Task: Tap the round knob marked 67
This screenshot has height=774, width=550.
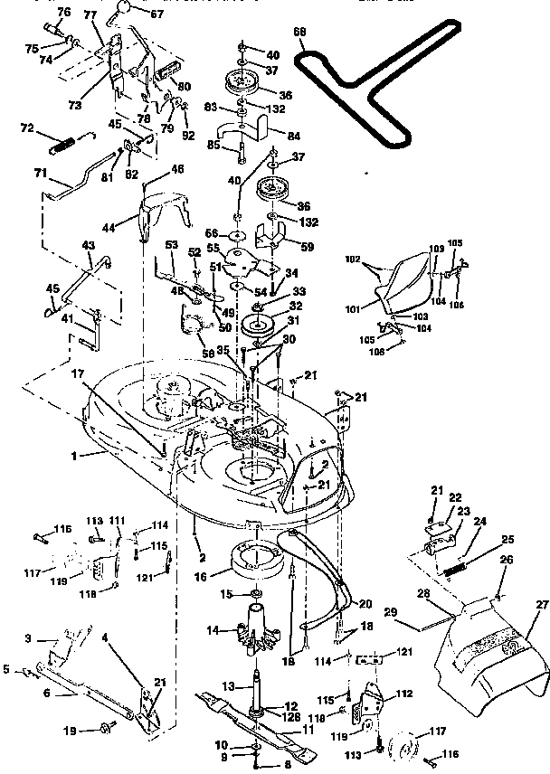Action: [x=122, y=10]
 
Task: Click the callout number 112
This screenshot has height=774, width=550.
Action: [x=404, y=694]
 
